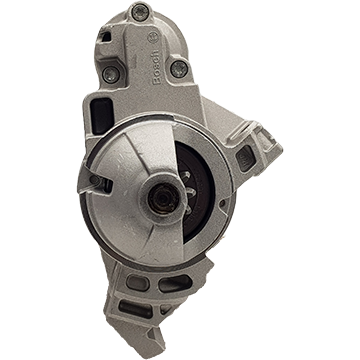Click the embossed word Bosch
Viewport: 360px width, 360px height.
pyautogui.click(x=157, y=67)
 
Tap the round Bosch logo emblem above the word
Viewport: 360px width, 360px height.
pyautogui.click(x=154, y=37)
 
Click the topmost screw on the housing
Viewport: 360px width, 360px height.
pyautogui.click(x=139, y=12)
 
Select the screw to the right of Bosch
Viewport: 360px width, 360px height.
pyautogui.click(x=179, y=69)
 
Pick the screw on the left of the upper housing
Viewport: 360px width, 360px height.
pyautogui.click(x=110, y=74)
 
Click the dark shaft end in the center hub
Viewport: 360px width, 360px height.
pyautogui.click(x=163, y=199)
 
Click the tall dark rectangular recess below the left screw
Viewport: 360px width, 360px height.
pyautogui.click(x=102, y=116)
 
